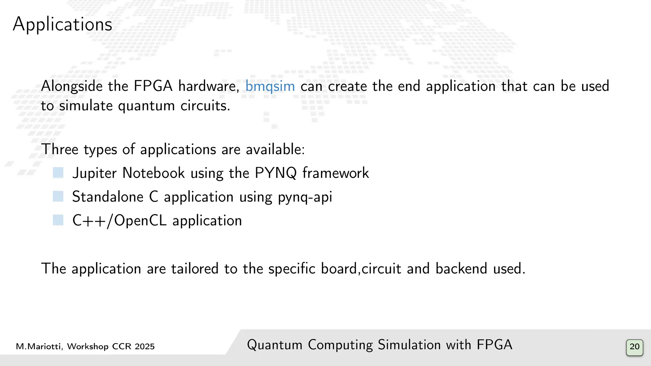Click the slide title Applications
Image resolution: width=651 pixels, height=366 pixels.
[62, 24]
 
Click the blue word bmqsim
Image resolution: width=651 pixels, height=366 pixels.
[270, 86]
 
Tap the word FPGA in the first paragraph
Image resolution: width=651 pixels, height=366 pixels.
[153, 86]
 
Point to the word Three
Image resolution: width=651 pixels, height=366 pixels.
[60, 149]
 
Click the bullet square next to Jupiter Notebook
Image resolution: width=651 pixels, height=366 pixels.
[58, 173]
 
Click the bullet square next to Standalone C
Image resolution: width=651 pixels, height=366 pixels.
[58, 196]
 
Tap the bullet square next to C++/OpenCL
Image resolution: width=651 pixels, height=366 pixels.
[58, 220]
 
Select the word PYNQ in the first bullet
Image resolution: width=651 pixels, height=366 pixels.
[276, 173]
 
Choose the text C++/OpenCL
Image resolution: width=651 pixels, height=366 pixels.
[119, 220]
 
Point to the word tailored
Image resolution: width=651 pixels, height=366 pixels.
[195, 268]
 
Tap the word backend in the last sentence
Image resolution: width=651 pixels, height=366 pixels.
[461, 268]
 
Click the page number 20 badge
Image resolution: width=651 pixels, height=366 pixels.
[634, 347]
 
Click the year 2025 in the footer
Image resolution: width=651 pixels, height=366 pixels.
[144, 347]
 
